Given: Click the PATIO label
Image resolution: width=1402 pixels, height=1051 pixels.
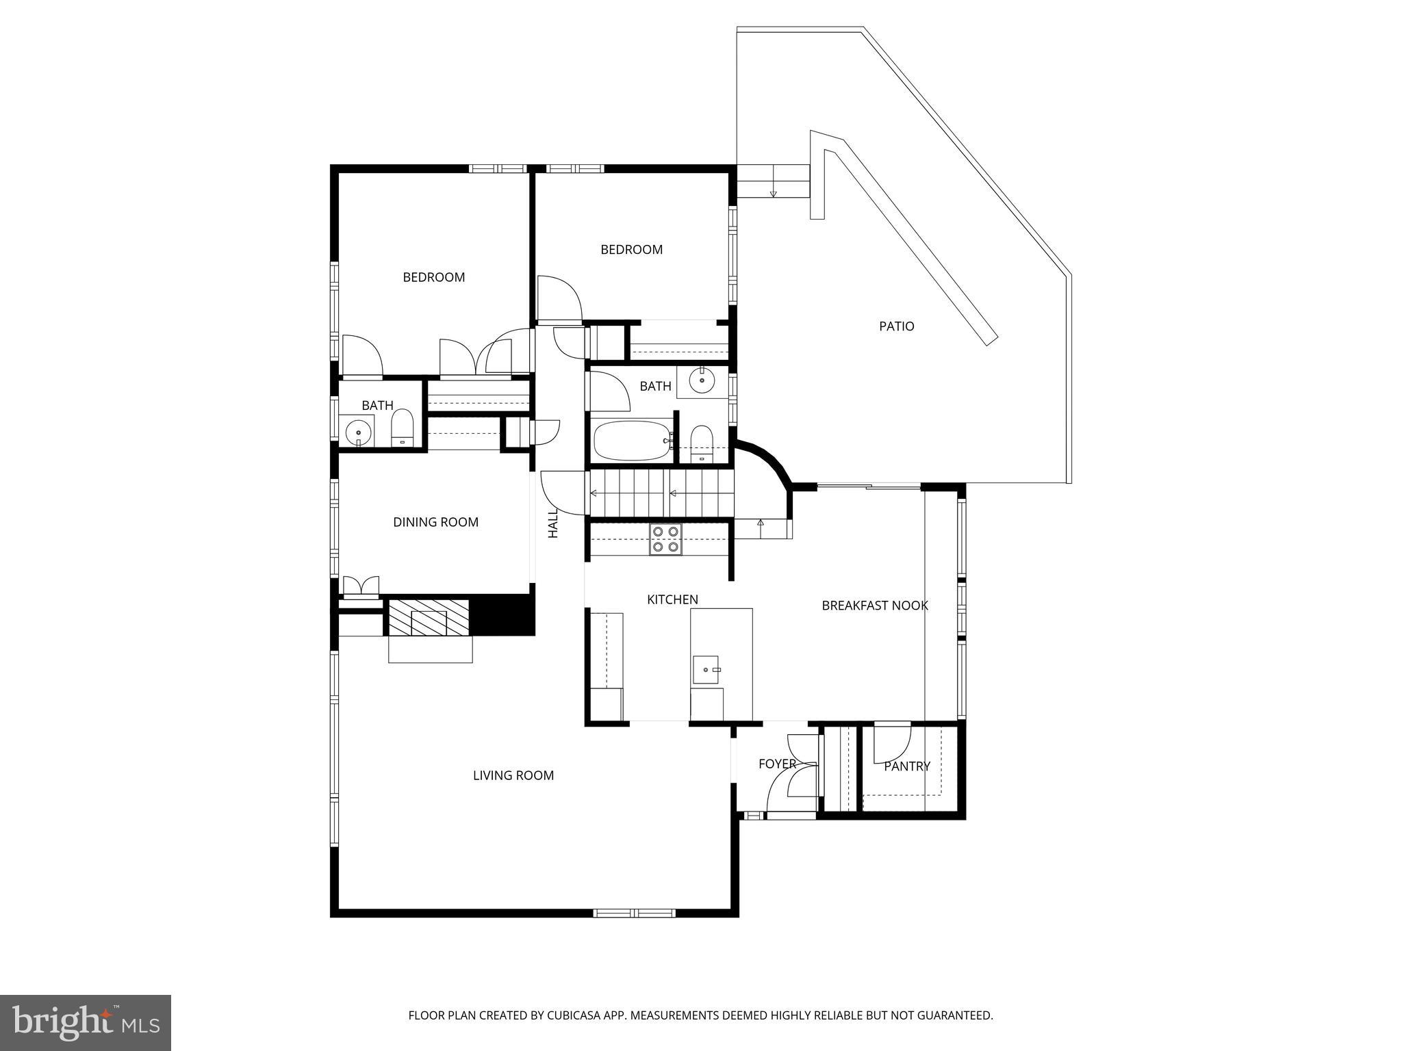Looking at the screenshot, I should (x=896, y=326).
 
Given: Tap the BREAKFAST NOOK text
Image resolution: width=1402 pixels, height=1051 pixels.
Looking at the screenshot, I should (x=874, y=606).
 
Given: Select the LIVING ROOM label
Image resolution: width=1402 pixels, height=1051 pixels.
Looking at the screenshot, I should (x=513, y=775).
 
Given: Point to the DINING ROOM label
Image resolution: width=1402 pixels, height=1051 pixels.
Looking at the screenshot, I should (x=435, y=522).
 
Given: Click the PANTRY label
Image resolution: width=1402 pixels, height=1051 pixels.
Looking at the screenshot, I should (x=906, y=766).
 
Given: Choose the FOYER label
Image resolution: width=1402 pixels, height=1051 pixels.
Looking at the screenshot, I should (x=777, y=764).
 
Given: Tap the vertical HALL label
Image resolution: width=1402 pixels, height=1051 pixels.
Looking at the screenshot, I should (x=553, y=523).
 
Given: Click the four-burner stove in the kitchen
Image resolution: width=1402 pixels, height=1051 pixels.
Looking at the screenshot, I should (x=665, y=539).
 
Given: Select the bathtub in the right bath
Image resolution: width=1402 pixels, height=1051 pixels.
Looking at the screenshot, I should (x=632, y=441).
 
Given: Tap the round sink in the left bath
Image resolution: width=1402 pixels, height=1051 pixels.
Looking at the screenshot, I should (x=358, y=433).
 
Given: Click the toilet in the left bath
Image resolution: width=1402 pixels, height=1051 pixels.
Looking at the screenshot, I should (x=402, y=428).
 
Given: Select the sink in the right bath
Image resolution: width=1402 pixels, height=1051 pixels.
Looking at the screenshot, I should (x=702, y=380).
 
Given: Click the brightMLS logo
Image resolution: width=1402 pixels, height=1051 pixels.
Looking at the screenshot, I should (x=85, y=1023).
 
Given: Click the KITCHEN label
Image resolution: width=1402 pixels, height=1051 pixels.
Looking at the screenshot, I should (x=672, y=599).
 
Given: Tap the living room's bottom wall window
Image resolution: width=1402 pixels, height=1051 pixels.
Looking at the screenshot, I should (x=634, y=913).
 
